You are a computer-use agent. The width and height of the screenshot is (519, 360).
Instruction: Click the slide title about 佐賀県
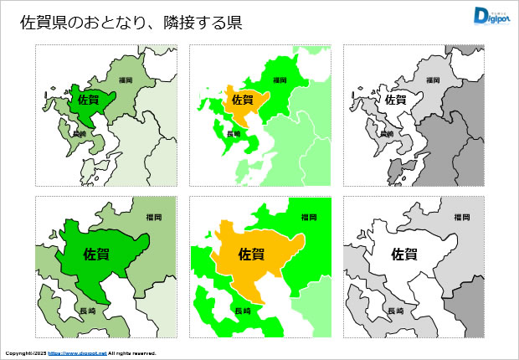point(131,23)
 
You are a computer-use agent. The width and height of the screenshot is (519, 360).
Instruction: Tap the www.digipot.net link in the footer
point(77,353)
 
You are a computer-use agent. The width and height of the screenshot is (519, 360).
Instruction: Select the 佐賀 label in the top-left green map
point(87,100)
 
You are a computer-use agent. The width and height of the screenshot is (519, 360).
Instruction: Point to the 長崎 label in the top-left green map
point(80,134)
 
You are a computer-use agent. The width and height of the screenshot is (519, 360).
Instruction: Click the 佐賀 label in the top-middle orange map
point(241,100)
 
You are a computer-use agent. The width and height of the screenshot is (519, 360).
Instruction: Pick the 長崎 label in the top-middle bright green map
point(234,134)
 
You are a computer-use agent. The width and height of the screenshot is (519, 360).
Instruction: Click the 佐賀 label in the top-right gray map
point(395,100)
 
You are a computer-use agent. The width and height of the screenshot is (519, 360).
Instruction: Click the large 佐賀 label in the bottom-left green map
point(97,253)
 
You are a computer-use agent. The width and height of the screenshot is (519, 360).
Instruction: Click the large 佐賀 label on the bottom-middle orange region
point(251,253)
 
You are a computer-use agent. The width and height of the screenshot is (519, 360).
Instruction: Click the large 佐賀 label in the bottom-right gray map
point(405,253)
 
